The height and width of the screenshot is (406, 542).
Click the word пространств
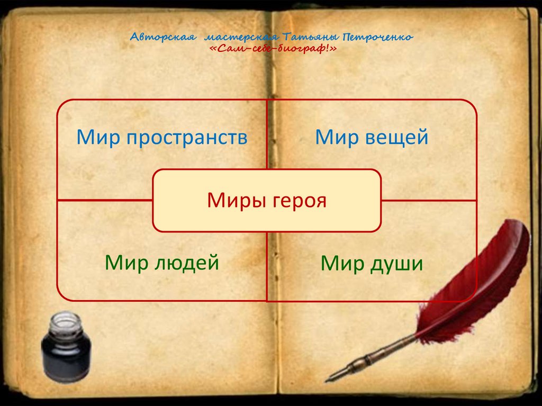(x=186, y=138)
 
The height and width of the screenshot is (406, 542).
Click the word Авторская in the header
(x=164, y=38)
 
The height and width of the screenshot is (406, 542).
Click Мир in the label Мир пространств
(x=99, y=138)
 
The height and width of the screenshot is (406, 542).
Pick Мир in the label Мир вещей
(x=337, y=138)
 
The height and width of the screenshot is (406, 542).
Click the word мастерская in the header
(x=241, y=38)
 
